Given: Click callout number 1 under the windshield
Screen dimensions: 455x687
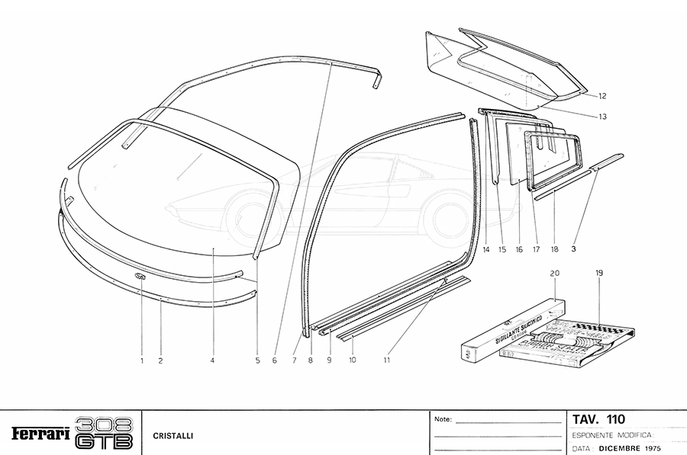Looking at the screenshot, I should pos(141,360).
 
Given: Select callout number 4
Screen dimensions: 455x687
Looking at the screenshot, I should pos(212,360).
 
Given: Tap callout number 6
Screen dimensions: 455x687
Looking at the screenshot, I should pos(273,360).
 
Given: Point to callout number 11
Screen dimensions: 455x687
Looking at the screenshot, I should pos(388,360).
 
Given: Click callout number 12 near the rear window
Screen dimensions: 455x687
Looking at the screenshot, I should pos(602,96).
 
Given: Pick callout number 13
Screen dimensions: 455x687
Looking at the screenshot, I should pos(602,117).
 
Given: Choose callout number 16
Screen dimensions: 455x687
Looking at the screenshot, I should pos(519,249).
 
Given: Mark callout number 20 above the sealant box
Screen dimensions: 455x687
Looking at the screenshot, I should pos(554,272).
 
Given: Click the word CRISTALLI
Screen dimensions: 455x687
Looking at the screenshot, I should pos(173,436).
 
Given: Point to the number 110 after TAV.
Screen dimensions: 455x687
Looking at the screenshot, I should pos(615,418).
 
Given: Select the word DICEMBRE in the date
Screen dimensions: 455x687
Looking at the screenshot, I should pos(621,448).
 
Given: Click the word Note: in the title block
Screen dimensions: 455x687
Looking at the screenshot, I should pos(443,419).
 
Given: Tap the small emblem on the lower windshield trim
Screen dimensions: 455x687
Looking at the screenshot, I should pos(140,276).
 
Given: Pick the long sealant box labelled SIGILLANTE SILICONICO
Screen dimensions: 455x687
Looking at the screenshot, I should pos(511,329).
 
